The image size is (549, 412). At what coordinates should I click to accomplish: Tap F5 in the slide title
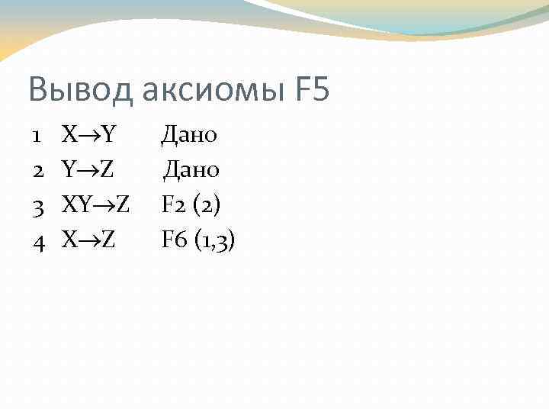pos(310,89)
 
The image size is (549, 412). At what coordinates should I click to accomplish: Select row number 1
pos(36,136)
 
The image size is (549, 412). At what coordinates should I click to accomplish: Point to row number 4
pos(36,241)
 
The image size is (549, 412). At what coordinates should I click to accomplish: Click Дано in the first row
pos(189,136)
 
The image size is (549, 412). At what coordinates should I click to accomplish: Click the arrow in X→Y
pos(88,137)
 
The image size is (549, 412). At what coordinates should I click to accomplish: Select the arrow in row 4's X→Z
pos(88,242)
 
